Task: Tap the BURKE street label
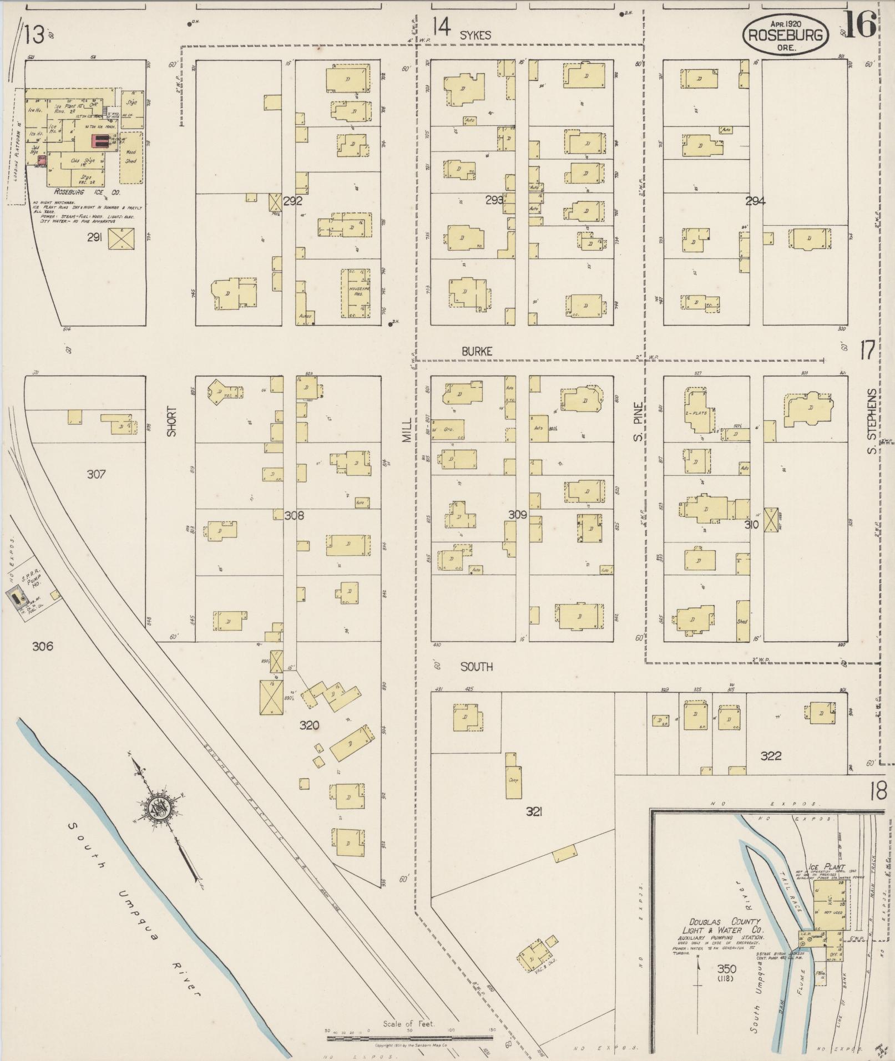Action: coord(477,351)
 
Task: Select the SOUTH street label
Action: coord(477,667)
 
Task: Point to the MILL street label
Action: coord(408,430)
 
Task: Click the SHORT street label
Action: coord(171,422)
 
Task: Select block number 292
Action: coord(292,201)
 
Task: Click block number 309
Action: coord(517,515)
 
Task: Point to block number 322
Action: coord(771,755)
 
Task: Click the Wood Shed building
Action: coord(131,157)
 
